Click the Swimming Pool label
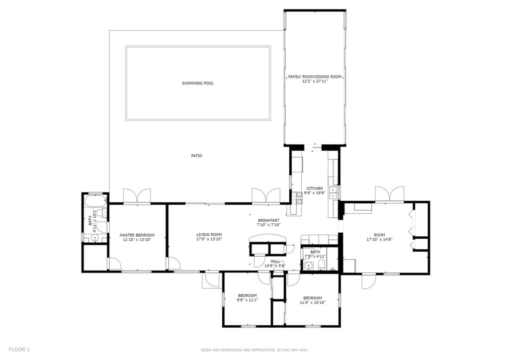198,84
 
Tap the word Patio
196,156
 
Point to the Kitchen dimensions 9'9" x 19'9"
314,193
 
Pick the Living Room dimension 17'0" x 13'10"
209,239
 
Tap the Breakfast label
269,220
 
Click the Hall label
275,262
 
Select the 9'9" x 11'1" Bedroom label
248,298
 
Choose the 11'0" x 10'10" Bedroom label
313,300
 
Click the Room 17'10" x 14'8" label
379,237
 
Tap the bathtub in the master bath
95,201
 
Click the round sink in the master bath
95,238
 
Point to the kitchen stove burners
298,198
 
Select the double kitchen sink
334,193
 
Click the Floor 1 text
19,350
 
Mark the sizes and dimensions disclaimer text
254,350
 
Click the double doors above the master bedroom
137,196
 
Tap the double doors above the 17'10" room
390,194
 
